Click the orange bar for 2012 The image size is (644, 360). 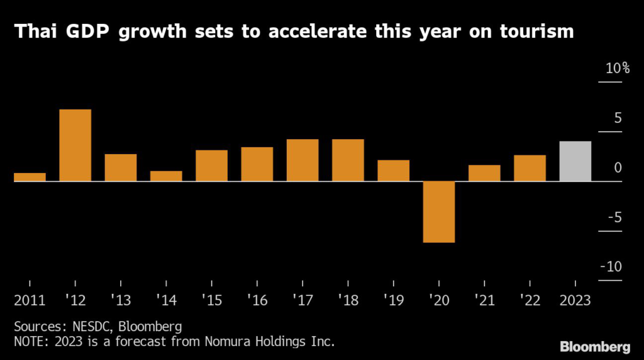pos(75,145)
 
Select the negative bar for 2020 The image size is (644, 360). pos(439,211)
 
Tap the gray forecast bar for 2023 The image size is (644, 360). pos(575,161)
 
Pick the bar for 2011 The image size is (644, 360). pos(30,177)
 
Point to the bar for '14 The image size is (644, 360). pos(166,176)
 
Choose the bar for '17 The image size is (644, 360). pos(303,160)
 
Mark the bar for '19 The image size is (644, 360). pos(394,171)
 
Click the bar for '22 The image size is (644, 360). pos(530,168)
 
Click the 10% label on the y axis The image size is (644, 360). pos(617,69)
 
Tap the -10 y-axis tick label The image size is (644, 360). pos(611,267)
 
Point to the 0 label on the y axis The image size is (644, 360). pos(618,168)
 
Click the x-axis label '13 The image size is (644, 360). pos(120,300)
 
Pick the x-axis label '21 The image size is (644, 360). pos(484,300)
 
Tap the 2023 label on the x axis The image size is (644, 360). pos(575,300)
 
